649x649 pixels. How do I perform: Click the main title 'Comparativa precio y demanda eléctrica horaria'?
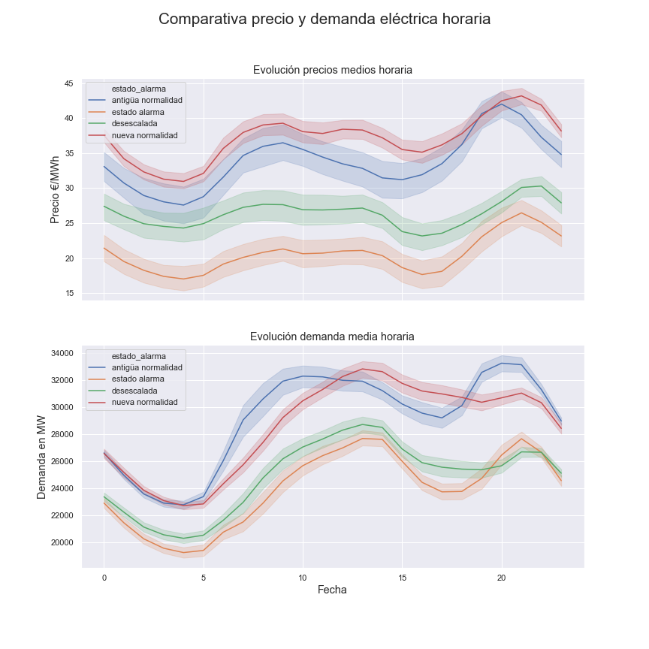(324, 20)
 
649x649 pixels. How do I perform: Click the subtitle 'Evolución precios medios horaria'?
(332, 70)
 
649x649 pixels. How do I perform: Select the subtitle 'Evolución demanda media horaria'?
(332, 337)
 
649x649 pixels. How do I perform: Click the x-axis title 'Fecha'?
(332, 590)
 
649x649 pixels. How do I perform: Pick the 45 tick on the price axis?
(68, 83)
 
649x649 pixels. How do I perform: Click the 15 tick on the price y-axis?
(68, 294)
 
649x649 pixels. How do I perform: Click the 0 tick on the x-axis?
(104, 578)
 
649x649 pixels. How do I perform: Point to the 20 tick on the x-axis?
(502, 578)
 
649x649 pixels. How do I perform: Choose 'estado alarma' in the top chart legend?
(137, 112)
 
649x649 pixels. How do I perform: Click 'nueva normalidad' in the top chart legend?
(144, 135)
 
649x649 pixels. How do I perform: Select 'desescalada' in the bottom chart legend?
(134, 391)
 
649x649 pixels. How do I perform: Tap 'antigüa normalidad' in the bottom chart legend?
(146, 367)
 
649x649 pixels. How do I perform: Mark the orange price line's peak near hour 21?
(521, 213)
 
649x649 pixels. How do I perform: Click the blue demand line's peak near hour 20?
(502, 363)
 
